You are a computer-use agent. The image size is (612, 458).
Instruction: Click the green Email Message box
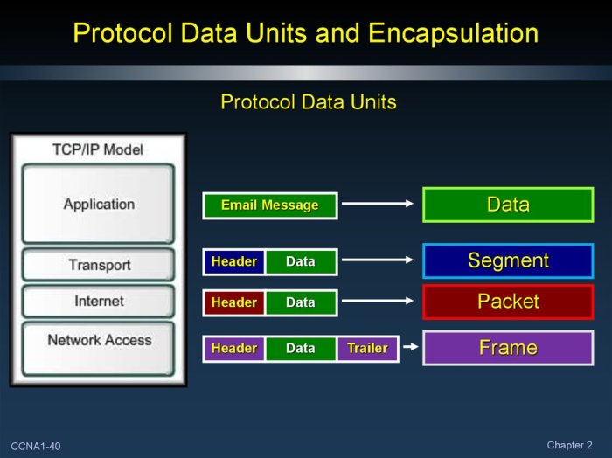click(269, 205)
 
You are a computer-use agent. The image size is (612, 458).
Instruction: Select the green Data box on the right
click(508, 205)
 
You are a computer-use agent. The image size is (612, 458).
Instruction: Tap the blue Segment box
click(508, 260)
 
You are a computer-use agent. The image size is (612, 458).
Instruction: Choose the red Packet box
click(508, 302)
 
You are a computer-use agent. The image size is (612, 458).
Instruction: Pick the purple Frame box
click(508, 348)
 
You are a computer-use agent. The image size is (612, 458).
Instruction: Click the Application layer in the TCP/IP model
click(98, 205)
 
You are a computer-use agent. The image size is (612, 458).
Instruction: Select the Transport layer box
click(98, 265)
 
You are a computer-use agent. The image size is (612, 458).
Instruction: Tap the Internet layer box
click(98, 302)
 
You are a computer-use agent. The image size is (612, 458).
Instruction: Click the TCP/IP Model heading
click(98, 149)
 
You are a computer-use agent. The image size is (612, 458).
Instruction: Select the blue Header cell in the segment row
click(234, 261)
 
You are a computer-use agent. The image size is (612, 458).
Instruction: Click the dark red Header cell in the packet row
click(234, 302)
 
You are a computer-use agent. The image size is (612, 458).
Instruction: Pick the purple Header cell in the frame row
click(234, 348)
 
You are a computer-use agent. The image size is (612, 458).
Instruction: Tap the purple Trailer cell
click(367, 348)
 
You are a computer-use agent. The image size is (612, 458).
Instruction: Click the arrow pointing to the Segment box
click(376, 260)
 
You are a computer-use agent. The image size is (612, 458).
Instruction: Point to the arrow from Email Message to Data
click(376, 205)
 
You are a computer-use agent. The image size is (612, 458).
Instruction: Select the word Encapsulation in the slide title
click(453, 33)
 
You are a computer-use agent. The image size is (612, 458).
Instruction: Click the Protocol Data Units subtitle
click(308, 102)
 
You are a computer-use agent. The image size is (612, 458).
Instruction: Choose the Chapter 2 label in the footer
click(569, 446)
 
